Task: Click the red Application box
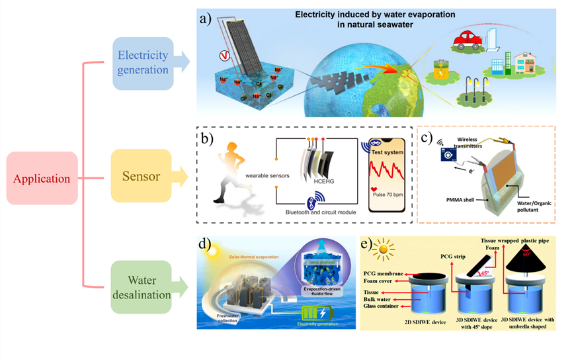42,179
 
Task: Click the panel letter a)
206,19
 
